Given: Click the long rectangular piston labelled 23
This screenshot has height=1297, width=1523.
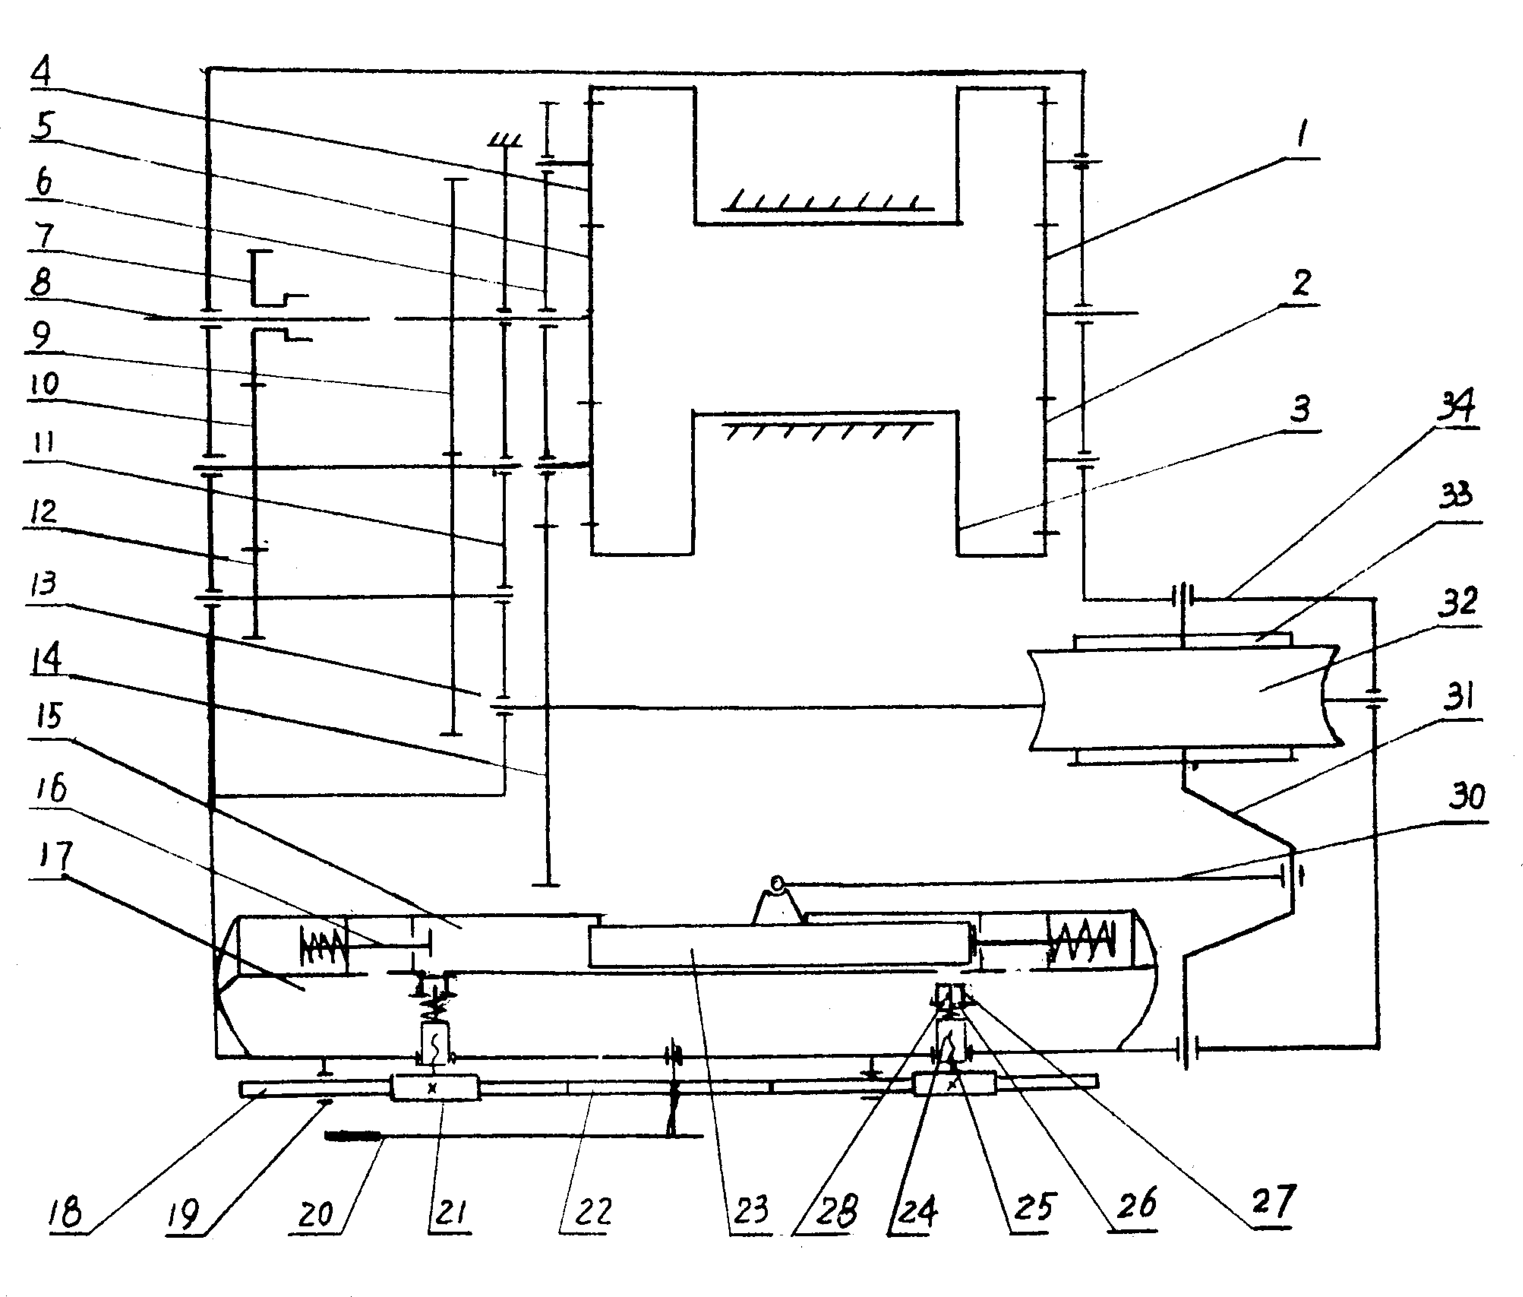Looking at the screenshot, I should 779,945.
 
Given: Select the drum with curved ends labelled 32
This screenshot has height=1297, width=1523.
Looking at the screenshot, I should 1184,697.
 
